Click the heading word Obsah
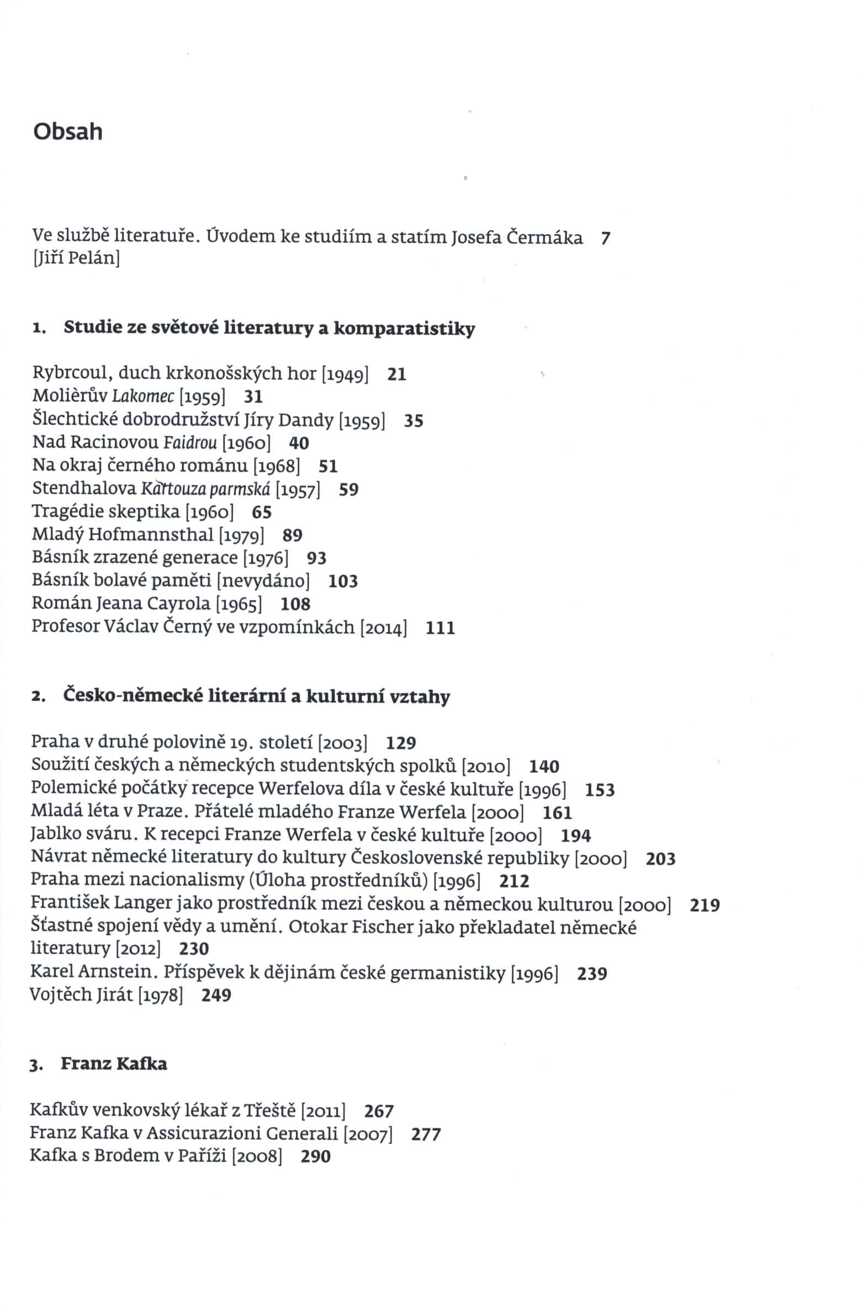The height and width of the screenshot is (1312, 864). coord(68,132)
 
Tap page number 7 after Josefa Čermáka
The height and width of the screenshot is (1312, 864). coord(606,238)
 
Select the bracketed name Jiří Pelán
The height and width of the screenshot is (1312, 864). coord(76,258)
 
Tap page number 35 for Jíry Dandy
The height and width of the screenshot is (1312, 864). coord(414,421)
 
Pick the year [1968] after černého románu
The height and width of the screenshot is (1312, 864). coord(276,466)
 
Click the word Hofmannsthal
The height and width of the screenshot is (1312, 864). coord(151,535)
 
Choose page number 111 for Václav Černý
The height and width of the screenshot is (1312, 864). coord(441,628)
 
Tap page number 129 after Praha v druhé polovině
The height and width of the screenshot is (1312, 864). coord(401,743)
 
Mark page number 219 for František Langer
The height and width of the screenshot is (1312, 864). coord(705,905)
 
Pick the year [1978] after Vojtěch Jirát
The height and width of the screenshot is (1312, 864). coord(160,995)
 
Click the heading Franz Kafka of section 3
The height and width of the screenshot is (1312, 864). coord(114,1064)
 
